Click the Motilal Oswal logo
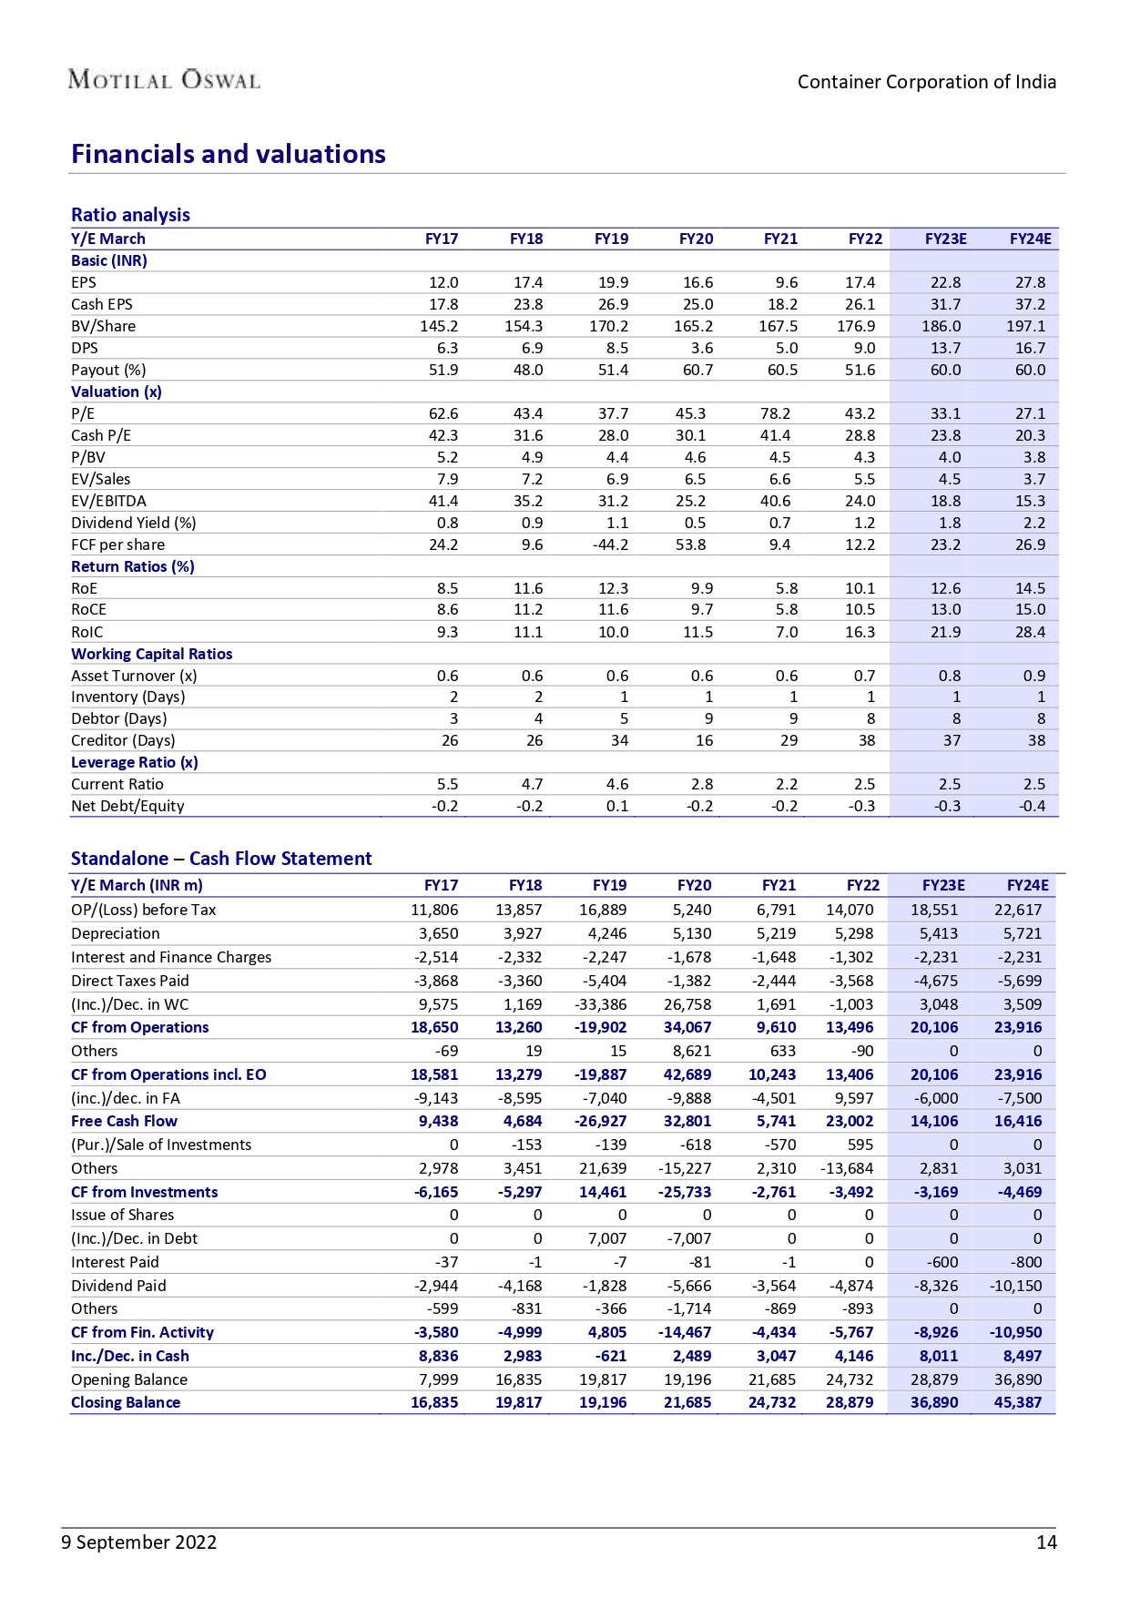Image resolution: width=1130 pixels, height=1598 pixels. pyautogui.click(x=164, y=80)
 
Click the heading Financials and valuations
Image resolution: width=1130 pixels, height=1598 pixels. pyautogui.click(x=228, y=154)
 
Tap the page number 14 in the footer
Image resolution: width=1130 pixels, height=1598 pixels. pyautogui.click(x=1046, y=1542)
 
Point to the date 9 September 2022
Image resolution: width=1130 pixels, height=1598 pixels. pyautogui.click(x=139, y=1542)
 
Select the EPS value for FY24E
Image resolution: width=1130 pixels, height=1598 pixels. pyautogui.click(x=1030, y=282)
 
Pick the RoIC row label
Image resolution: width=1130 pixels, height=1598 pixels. pyautogui.click(x=87, y=632)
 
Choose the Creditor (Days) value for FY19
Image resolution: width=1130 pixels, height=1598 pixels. pyautogui.click(x=619, y=740)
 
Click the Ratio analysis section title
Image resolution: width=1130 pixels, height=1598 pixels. pyautogui.click(x=130, y=215)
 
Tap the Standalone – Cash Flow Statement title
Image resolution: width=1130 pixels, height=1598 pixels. pyautogui.click(x=221, y=859)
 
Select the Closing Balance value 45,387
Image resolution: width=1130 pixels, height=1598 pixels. pyautogui.click(x=1017, y=1402)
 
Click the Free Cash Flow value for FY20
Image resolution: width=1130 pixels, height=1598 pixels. pyautogui.click(x=687, y=1121)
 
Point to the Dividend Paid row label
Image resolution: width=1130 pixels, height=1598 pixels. pyautogui.click(x=118, y=1286)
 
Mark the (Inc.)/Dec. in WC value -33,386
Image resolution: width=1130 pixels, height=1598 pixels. pyautogui.click(x=600, y=1004)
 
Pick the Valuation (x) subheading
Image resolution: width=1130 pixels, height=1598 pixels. pyautogui.click(x=117, y=392)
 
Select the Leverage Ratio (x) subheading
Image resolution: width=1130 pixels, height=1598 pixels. pyautogui.click(x=135, y=762)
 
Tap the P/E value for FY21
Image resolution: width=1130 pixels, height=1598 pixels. pyautogui.click(x=775, y=413)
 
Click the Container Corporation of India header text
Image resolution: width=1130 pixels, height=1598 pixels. pyautogui.click(x=926, y=82)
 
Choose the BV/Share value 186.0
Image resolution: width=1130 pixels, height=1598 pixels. pyautogui.click(x=941, y=326)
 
